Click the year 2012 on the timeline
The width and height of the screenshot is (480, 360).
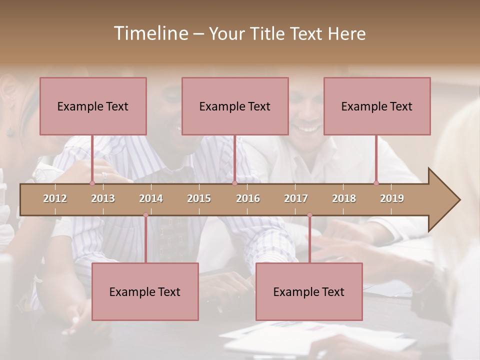pyautogui.click(x=55, y=198)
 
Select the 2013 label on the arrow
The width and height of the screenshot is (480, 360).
pyautogui.click(x=103, y=198)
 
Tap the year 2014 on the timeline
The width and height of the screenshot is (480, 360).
pyautogui.click(x=151, y=198)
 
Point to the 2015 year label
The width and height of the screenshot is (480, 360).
pyautogui.click(x=199, y=198)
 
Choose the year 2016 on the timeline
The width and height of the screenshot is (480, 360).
pyautogui.click(x=248, y=198)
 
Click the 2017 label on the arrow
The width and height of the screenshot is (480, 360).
pyautogui.click(x=296, y=198)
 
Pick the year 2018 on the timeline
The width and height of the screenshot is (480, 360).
pyautogui.click(x=344, y=198)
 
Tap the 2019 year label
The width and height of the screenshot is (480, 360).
pyautogui.click(x=392, y=198)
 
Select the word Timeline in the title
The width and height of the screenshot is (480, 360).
pyautogui.click(x=150, y=33)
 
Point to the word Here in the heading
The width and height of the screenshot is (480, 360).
pyautogui.click(x=346, y=33)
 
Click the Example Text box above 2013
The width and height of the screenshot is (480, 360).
pyautogui.click(x=93, y=106)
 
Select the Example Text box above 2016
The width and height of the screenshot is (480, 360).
pyautogui.click(x=235, y=106)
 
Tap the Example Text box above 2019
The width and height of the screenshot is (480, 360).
pyautogui.click(x=377, y=106)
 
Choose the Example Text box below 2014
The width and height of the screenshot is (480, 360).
pyautogui.click(x=145, y=291)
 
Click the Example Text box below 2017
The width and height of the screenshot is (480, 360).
pyautogui.click(x=309, y=291)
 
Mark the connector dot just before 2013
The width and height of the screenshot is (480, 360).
pyautogui.click(x=92, y=183)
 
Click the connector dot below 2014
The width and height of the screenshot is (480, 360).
pyautogui.click(x=145, y=215)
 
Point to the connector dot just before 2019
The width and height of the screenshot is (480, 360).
pyautogui.click(x=376, y=183)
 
